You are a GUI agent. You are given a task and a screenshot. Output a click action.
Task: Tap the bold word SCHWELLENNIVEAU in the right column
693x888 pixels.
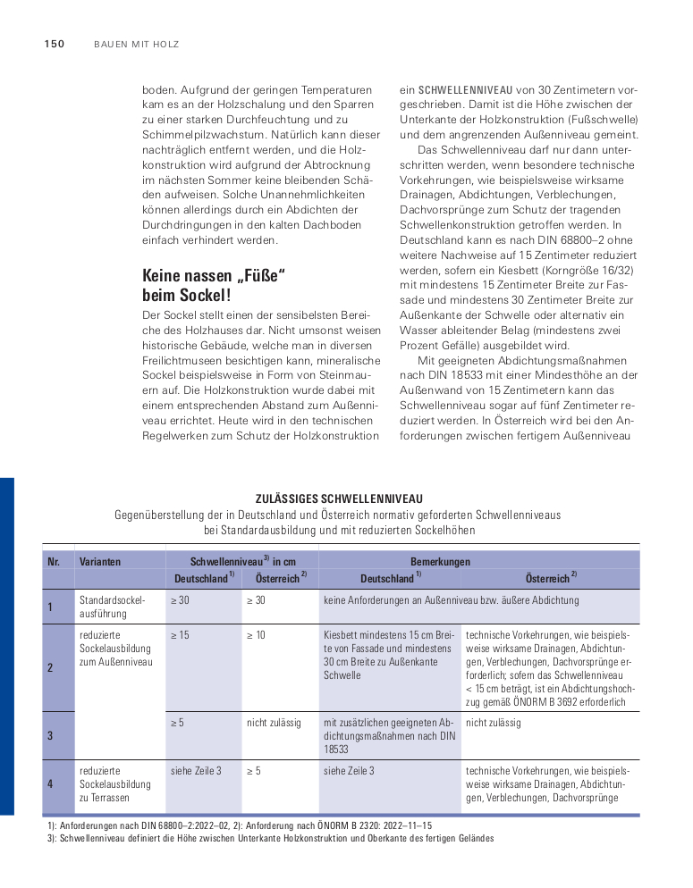465,90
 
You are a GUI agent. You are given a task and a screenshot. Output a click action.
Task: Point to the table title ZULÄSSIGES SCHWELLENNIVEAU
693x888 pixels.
338,498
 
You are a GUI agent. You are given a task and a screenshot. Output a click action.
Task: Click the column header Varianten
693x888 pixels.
100,562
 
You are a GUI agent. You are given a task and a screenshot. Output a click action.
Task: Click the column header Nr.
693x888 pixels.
55,562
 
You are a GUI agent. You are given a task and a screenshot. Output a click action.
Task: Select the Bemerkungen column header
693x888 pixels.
440,562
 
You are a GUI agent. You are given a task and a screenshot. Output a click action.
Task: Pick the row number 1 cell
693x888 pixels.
51,607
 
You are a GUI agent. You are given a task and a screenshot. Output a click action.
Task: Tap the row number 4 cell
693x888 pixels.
51,783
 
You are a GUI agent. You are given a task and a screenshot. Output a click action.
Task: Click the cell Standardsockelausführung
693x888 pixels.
112,607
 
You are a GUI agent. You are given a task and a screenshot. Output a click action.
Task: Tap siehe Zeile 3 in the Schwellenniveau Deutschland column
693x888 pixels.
196,770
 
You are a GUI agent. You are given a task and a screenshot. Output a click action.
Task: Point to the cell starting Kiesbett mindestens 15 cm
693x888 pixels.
388,655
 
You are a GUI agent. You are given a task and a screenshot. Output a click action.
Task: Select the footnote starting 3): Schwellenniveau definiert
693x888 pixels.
270,839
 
